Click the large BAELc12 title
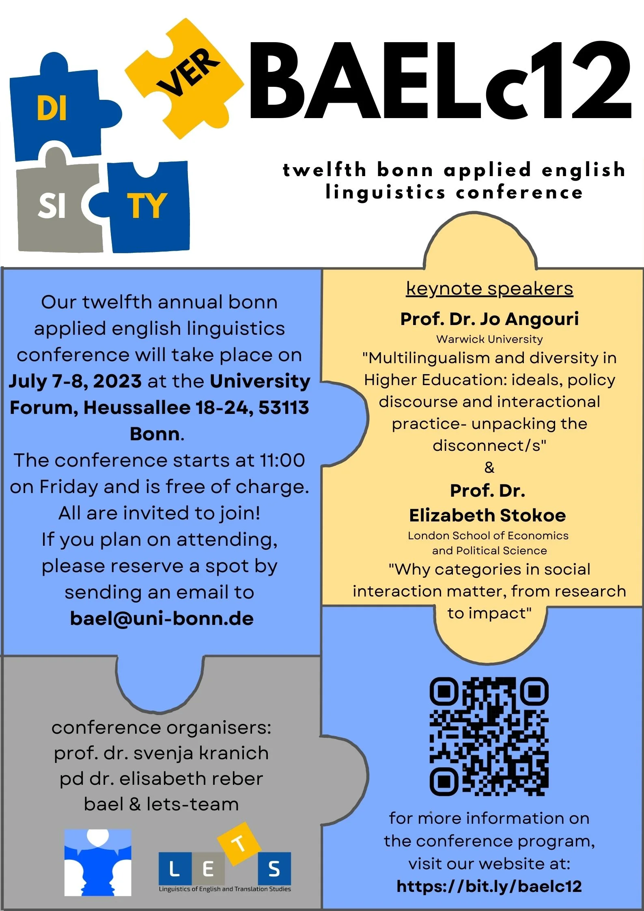(440, 81)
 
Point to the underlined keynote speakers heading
(489, 289)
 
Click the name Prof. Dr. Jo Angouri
(489, 319)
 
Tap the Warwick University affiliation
(489, 339)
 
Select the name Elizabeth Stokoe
(487, 515)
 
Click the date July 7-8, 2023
(75, 381)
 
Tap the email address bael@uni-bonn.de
(162, 618)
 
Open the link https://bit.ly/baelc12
(489, 886)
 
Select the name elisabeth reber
(191, 779)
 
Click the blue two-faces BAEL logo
(98, 863)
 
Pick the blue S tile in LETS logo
(274, 869)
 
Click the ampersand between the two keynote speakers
(489, 467)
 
